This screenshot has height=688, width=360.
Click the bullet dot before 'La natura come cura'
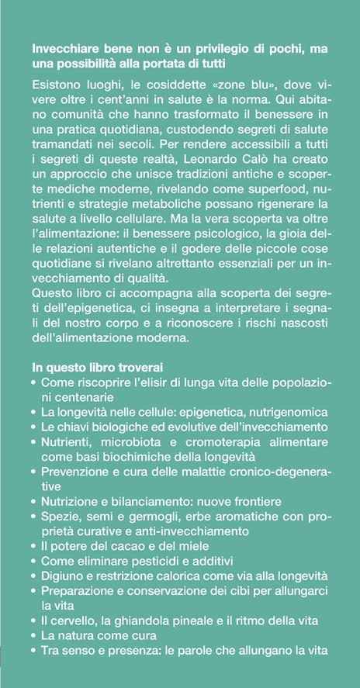coord(32,634)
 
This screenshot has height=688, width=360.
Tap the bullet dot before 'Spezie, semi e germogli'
coord(32,516)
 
